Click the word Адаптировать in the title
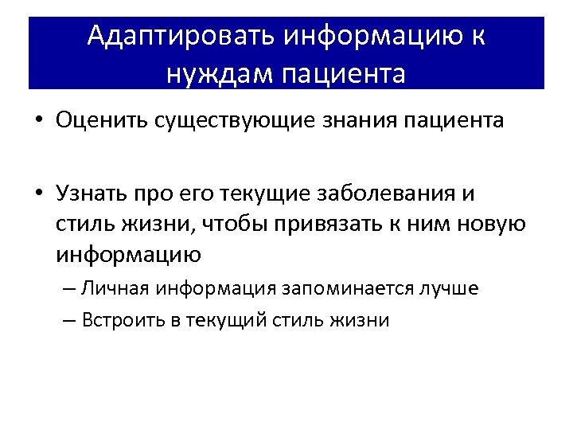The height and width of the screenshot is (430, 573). pos(181,36)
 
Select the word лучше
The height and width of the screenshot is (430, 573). pos(450,288)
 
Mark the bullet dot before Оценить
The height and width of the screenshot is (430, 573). pos(39,121)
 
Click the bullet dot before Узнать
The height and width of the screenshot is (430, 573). pos(39,193)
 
